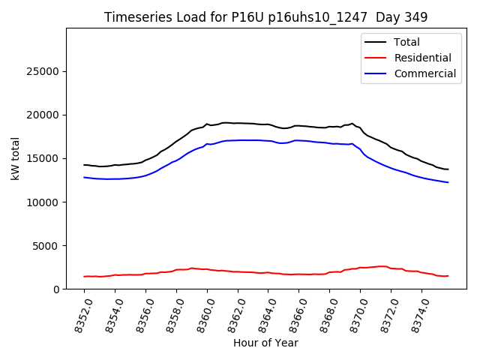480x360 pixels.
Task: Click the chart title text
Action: click(x=266, y=17)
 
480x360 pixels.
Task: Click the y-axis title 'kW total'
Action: click(x=16, y=158)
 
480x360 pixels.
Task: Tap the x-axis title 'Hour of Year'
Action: click(x=265, y=343)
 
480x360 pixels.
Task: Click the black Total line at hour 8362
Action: click(x=238, y=123)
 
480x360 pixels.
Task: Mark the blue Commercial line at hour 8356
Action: click(x=145, y=175)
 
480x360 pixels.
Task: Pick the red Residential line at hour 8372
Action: click(x=391, y=268)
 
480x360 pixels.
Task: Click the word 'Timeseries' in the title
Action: click(x=132, y=17)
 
